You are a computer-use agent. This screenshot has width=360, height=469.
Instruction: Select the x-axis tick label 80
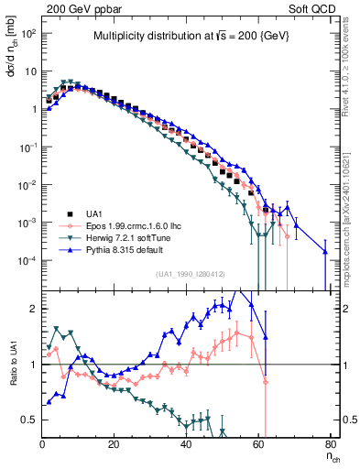(x=332, y=445)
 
